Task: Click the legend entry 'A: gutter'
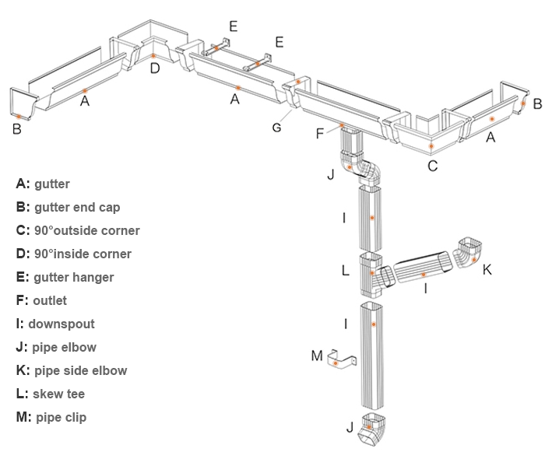click(43, 184)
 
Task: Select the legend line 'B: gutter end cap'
click(68, 208)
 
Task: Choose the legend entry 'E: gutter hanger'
click(65, 278)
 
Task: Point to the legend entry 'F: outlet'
click(41, 301)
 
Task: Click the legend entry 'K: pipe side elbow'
click(71, 371)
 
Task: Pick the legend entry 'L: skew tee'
click(51, 394)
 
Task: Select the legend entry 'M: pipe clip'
click(51, 418)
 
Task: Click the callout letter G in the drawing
click(276, 128)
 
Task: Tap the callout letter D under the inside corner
click(154, 68)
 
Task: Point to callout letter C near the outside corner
click(433, 166)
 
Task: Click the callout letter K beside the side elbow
click(487, 270)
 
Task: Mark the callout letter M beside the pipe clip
click(316, 356)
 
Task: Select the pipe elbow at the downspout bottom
click(373, 431)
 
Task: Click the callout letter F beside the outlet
click(319, 134)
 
